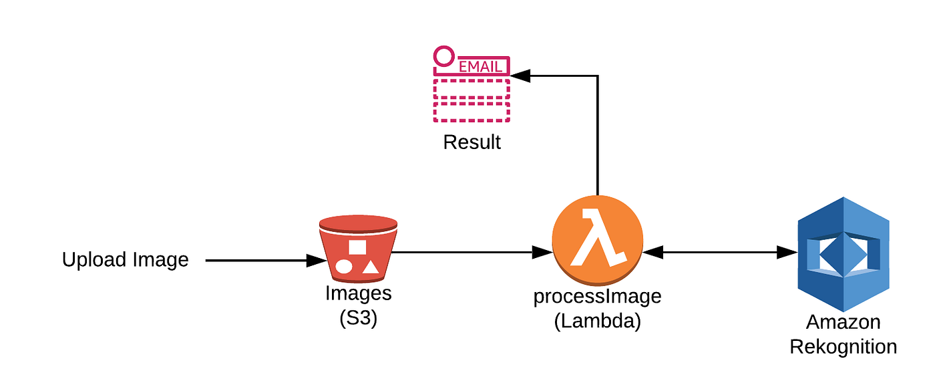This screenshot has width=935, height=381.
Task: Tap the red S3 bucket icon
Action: coord(357,249)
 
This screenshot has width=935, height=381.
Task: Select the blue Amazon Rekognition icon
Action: coord(844,254)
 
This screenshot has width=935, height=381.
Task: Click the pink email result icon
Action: coord(471,86)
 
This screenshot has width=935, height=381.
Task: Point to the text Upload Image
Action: coord(126,259)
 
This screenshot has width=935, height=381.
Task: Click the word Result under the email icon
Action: coord(472,142)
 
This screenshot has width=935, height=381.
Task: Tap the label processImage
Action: coord(597,297)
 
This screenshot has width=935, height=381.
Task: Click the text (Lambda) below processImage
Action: coord(597,321)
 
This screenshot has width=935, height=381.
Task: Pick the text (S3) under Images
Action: coord(358,319)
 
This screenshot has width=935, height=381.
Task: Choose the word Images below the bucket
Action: coord(358,293)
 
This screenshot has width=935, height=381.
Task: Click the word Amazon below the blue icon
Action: coord(843,322)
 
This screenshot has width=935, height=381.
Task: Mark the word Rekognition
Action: coord(843,346)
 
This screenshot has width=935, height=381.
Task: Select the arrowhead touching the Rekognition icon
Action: coord(789,253)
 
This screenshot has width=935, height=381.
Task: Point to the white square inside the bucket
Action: coord(357,247)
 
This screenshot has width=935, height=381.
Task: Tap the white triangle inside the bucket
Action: coord(371,267)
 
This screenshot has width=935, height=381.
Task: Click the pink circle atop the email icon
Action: coord(443,56)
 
